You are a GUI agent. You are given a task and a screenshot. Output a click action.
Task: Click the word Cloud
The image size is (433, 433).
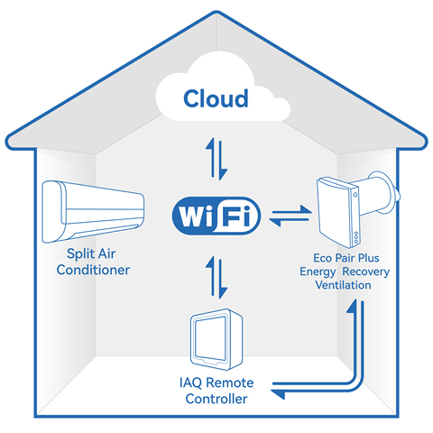click(216, 98)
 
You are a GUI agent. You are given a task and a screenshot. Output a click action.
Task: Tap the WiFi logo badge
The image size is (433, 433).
click(216, 216)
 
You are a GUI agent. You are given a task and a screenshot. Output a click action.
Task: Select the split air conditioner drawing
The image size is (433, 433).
click(93, 211)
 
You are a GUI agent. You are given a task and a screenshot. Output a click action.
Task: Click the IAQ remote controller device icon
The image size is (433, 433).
click(216, 339)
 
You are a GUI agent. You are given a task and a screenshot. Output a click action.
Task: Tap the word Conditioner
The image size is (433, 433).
click(93, 270)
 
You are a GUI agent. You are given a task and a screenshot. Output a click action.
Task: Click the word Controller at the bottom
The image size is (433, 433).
click(216, 399)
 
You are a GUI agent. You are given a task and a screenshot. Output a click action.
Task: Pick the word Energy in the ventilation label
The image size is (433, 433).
click(318, 272)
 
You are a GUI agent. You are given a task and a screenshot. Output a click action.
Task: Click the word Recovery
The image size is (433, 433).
click(366, 272)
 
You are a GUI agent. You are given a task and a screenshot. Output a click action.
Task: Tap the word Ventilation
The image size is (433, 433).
click(343, 285)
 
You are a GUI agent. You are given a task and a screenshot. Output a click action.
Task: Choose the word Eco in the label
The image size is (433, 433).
click(323, 258)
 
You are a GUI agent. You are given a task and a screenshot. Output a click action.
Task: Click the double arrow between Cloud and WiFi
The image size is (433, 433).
click(216, 159)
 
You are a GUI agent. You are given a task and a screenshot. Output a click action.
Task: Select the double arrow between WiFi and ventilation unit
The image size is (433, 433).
click(290, 216)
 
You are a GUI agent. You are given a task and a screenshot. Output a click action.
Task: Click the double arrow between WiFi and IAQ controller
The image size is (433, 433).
click(216, 277)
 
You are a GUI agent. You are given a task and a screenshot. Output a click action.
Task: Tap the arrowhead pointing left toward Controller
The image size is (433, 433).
click(278, 393)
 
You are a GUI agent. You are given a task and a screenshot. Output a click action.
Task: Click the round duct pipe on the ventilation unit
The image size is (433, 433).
click(380, 195)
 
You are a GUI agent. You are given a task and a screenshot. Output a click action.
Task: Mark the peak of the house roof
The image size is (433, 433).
click(216, 12)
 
